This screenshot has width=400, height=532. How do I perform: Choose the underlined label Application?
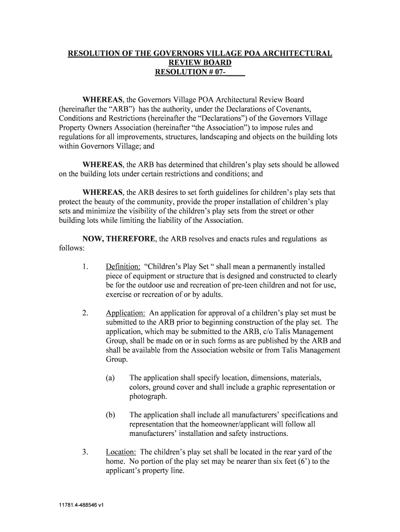tap(126, 313)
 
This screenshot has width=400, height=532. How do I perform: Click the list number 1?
tap(85, 267)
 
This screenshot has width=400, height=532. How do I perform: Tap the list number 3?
tap(85, 452)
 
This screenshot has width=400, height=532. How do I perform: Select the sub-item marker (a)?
tap(110, 378)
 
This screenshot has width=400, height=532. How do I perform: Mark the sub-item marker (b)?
tap(110, 415)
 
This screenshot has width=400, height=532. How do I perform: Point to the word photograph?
tap(148, 396)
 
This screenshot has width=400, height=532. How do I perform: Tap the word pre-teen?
tap(230, 285)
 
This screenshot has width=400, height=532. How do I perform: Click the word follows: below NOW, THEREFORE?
tap(70, 248)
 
